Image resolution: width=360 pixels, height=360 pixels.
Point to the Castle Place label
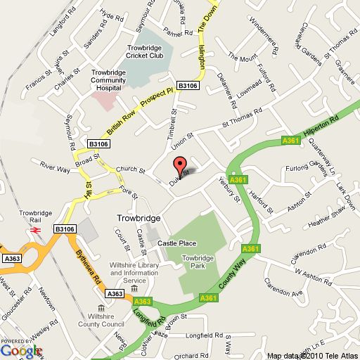coord(176,243)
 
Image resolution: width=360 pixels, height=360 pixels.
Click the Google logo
coord(21,349)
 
